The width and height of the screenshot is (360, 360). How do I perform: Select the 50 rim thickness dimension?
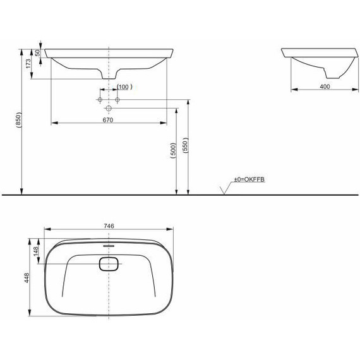(x=38, y=53)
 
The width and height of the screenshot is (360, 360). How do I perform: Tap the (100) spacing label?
(x=123, y=86)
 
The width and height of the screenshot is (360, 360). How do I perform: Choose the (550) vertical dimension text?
(x=184, y=146)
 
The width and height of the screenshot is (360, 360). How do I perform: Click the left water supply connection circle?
(x=100, y=100)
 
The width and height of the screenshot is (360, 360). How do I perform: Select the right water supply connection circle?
(x=117, y=100)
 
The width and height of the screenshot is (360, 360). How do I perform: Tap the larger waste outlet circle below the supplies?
(x=108, y=109)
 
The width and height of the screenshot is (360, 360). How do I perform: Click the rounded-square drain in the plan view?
(x=108, y=265)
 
